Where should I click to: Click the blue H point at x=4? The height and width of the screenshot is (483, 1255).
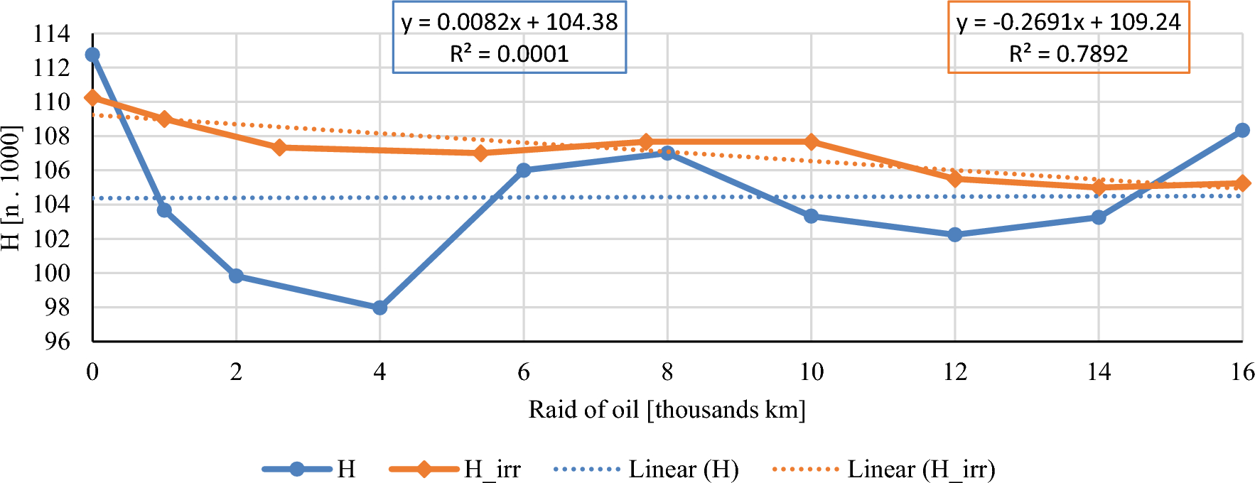click(379, 308)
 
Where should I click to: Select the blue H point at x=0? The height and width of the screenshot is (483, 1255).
click(92, 55)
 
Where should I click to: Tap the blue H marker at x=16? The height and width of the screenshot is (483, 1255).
click(1242, 130)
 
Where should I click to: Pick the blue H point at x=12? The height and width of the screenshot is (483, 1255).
click(955, 234)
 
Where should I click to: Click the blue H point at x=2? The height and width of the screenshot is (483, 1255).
click(236, 276)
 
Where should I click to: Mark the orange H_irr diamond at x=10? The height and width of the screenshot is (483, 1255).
click(812, 142)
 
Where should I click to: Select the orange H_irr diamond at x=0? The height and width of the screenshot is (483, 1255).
click(92, 97)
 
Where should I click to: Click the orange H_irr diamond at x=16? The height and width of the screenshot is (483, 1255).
click(1242, 183)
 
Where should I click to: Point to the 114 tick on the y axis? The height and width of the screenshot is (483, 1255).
click(52, 33)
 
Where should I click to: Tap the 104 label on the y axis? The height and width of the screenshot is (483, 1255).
click(52, 205)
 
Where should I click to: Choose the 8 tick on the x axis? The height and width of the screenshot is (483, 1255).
click(667, 372)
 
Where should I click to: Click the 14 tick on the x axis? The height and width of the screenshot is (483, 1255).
click(1099, 372)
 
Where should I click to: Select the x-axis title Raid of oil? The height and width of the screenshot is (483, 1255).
click(667, 410)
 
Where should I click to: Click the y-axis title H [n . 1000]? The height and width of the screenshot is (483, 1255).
click(11, 188)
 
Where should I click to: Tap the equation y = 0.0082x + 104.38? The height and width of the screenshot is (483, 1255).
click(510, 22)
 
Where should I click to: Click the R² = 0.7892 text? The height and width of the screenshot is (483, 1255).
click(1068, 54)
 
